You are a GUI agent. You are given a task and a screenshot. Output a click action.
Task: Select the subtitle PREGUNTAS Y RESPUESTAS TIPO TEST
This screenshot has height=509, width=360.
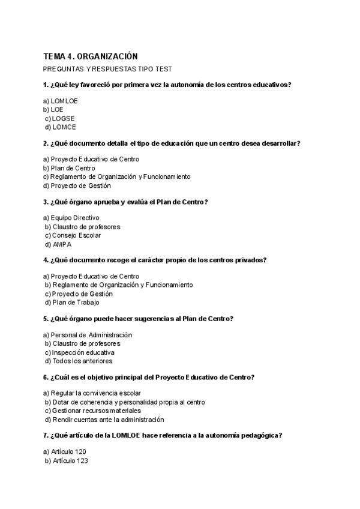(x=107, y=69)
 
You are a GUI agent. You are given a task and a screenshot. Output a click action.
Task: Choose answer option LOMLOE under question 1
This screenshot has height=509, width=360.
(x=61, y=101)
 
